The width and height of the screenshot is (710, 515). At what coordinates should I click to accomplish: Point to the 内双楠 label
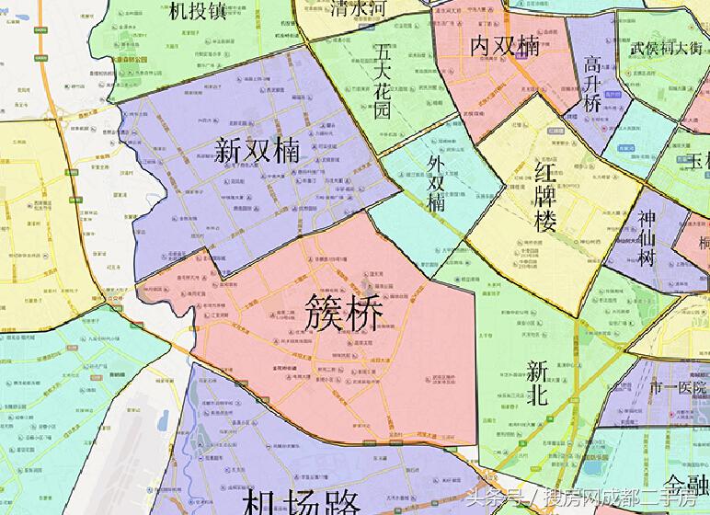(x=505, y=45)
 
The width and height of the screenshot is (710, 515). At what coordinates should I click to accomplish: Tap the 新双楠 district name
(x=259, y=150)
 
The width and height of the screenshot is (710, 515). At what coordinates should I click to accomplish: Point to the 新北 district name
(x=538, y=383)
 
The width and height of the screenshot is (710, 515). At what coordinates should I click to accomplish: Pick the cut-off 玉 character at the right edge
(x=701, y=162)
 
